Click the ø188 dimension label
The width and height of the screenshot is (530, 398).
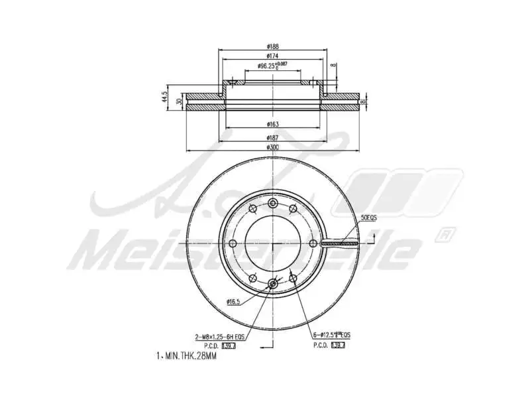tap(272, 46)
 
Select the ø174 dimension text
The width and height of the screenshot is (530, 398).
tap(272, 56)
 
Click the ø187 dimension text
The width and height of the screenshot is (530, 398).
tap(272, 136)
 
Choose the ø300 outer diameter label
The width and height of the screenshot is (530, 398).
tap(272, 147)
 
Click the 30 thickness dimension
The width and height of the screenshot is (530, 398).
tap(180, 101)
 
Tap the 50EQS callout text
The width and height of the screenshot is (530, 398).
tap(368, 218)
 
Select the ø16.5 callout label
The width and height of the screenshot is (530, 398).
tap(233, 302)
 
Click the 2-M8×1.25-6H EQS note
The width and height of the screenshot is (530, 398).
tap(220, 337)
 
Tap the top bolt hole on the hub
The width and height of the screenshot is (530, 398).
tap(272, 203)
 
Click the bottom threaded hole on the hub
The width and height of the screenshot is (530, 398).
tap(272, 285)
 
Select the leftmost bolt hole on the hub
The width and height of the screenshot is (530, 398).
tap(232, 244)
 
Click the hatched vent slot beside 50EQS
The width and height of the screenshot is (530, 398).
tap(339, 243)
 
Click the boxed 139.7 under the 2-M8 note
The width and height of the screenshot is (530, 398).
tap(229, 346)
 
